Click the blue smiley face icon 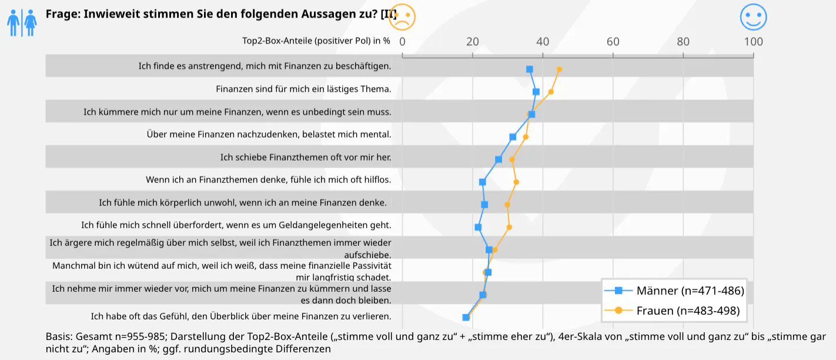[x=753, y=16]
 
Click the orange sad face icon [x=403, y=16]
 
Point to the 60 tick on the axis [x=613, y=42]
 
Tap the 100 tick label [x=753, y=42]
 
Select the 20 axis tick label [x=473, y=42]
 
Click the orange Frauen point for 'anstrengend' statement [x=559, y=69]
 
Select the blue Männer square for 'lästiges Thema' [x=536, y=92]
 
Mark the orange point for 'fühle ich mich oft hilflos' [x=516, y=182]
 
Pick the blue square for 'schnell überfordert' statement [x=478, y=227]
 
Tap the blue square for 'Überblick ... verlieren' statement [x=466, y=317]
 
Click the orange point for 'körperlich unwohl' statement [x=507, y=205]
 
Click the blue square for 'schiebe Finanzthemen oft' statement [x=499, y=159]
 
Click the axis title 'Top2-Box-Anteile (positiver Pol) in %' [x=316, y=41]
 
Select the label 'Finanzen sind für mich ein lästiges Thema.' [x=303, y=89]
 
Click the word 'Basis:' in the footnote [x=59, y=337]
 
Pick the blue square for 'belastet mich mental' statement [x=513, y=137]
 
